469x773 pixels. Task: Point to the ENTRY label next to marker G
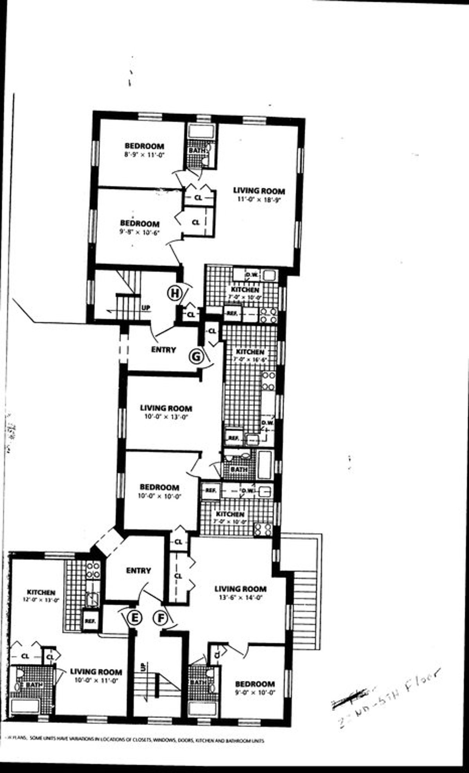(163, 350)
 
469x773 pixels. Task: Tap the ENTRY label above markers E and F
(138, 570)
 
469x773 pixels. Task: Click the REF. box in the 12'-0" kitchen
(90, 621)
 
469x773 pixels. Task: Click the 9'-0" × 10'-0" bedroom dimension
(254, 692)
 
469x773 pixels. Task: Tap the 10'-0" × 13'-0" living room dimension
(166, 416)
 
